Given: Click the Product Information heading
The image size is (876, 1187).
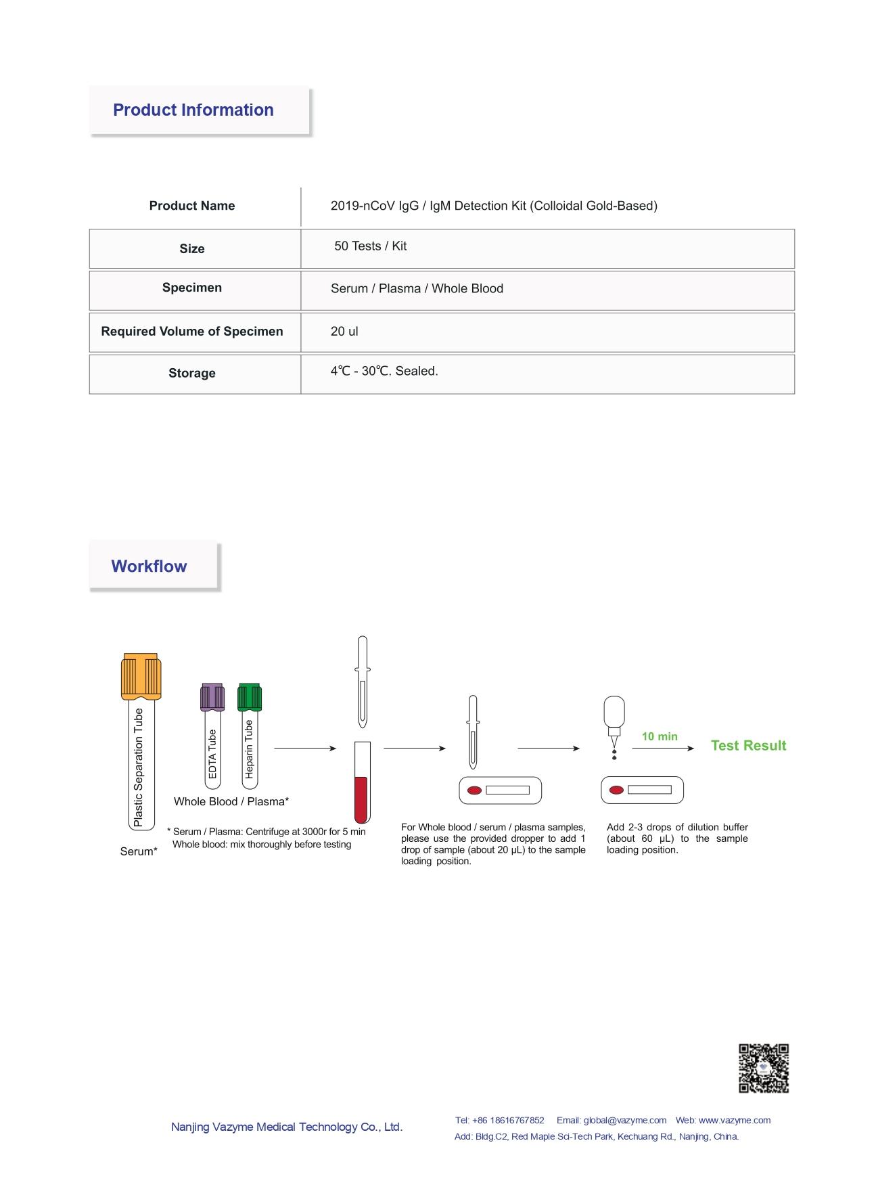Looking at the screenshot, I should [193, 110].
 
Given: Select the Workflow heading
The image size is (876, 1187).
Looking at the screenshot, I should [149, 566].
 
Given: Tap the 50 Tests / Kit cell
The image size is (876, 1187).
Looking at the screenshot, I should [370, 246].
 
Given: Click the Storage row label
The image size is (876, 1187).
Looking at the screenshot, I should [191, 373].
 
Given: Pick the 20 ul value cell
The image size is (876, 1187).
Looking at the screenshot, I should [344, 332].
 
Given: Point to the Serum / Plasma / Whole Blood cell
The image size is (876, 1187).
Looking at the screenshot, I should [417, 289].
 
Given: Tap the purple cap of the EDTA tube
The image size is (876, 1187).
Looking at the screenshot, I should [212, 697].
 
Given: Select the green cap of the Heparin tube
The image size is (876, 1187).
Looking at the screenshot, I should [249, 697].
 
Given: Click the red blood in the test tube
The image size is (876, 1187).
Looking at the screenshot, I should [362, 799].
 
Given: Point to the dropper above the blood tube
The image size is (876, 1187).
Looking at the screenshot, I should [363, 680].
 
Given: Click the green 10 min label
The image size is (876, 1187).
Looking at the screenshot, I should [660, 736].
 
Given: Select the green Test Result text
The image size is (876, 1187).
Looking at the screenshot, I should [748, 746].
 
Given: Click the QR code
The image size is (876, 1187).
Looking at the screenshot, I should [763, 1069].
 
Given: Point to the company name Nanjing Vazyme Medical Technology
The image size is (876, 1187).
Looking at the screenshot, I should [286, 1127].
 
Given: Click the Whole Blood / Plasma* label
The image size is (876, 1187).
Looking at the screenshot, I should [231, 802].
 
